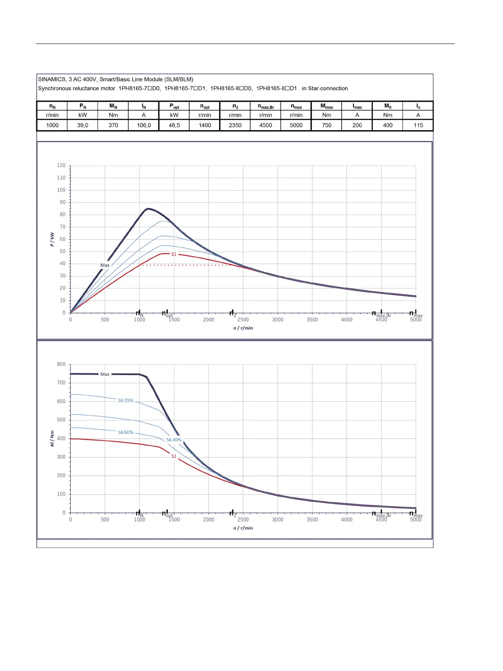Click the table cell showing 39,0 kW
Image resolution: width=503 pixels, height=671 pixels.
[x=83, y=125]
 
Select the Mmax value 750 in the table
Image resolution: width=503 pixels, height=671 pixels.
[x=326, y=125]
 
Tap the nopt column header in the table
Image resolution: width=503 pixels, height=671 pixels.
[x=205, y=106]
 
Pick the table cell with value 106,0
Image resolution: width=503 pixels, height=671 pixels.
[x=144, y=125]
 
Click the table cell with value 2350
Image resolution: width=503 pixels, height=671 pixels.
[x=235, y=125]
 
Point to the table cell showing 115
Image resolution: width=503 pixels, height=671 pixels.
[x=418, y=125]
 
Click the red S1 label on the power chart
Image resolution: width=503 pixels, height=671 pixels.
[x=174, y=254]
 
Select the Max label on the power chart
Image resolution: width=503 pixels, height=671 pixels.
[x=105, y=265]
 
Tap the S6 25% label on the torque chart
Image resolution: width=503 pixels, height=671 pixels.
[x=125, y=400]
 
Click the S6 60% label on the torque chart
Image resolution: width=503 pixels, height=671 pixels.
[x=125, y=432]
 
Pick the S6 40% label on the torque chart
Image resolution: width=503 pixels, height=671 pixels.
[x=174, y=440]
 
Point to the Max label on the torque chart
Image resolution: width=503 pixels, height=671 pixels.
[x=105, y=374]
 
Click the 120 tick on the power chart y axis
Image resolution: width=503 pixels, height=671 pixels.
[x=61, y=165]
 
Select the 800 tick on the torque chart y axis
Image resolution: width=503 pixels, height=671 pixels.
[x=61, y=364]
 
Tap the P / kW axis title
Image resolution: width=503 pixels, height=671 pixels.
[x=52, y=239]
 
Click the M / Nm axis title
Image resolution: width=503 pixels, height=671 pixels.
[x=52, y=438]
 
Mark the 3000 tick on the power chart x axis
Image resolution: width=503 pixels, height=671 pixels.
[x=277, y=320]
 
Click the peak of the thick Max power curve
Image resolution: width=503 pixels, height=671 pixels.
[x=147, y=208]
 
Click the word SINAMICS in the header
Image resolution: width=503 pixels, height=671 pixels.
[x=52, y=79]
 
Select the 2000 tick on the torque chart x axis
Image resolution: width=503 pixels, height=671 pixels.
[x=209, y=520]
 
